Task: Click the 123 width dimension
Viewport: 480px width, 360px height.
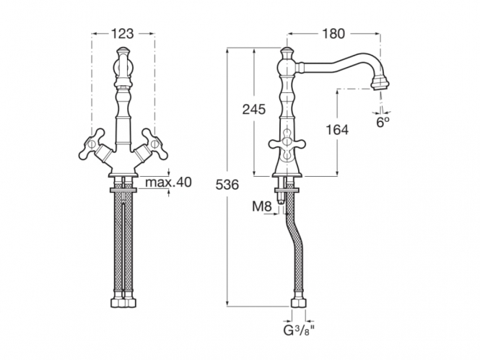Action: tap(122, 33)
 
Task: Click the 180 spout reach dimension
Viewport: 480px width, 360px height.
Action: tap(333, 33)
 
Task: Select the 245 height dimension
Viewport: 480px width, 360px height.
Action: tap(254, 109)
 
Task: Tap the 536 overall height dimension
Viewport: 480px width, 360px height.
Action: tap(227, 185)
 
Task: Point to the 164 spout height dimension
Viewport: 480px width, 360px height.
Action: tap(337, 130)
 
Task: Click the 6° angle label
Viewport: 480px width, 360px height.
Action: tap(383, 123)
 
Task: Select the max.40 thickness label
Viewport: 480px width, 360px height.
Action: tap(168, 183)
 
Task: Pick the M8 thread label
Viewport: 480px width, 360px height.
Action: tap(262, 207)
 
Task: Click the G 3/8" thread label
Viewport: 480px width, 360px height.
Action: tap(299, 331)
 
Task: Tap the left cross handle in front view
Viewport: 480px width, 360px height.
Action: tap(92, 144)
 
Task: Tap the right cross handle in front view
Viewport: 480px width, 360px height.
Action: tap(154, 144)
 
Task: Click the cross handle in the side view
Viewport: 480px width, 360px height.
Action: tap(287, 143)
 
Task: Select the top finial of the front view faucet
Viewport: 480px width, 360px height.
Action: tap(123, 50)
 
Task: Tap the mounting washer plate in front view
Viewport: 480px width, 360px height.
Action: tap(123, 190)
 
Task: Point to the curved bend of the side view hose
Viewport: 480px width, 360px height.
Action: tap(292, 232)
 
